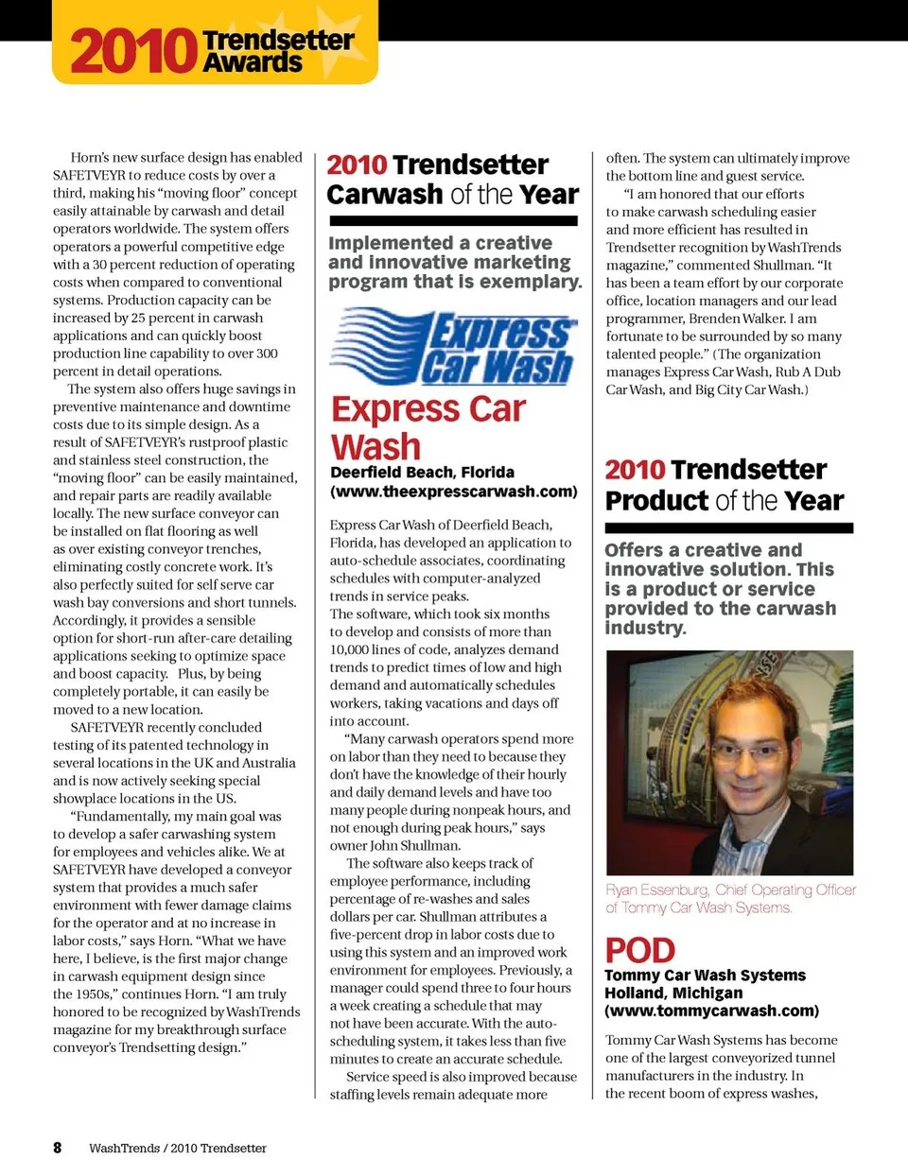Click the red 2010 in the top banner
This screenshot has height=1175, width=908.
[132, 51]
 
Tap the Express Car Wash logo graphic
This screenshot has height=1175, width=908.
[452, 347]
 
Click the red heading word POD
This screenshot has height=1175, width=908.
[640, 950]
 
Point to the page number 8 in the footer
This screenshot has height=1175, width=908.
[58, 1148]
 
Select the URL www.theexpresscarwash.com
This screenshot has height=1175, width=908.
[454, 492]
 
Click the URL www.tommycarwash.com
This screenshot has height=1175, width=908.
[711, 1011]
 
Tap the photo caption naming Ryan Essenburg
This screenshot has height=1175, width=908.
[730, 898]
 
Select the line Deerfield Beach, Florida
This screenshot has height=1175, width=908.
[422, 472]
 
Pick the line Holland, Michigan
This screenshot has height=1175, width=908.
[673, 993]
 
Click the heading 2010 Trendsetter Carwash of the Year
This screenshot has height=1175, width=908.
[452, 180]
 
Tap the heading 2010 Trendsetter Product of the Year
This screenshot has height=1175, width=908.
[725, 485]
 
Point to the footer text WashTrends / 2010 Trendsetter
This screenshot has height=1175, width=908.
[178, 1149]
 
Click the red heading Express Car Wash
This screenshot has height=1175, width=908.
[428, 427]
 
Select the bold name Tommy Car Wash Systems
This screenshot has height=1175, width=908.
[705, 975]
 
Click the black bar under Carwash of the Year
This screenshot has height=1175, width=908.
[452, 221]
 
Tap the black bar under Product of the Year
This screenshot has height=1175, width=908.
[728, 527]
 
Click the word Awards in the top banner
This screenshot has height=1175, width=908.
[253, 63]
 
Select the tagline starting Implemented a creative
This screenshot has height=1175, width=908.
[454, 262]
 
